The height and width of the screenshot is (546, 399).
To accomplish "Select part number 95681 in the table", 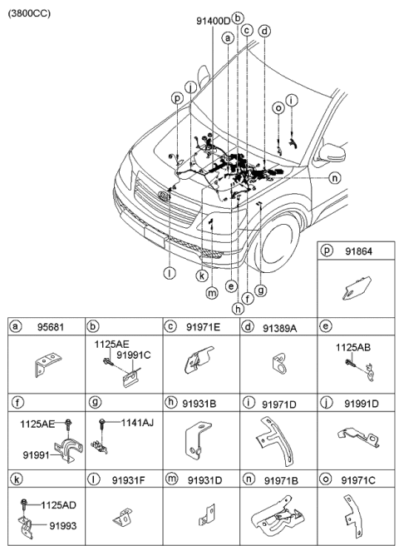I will [50, 329].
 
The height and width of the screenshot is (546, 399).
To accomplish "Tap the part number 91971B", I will [282, 482].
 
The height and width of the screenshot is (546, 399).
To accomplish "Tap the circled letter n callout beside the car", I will [334, 177].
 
